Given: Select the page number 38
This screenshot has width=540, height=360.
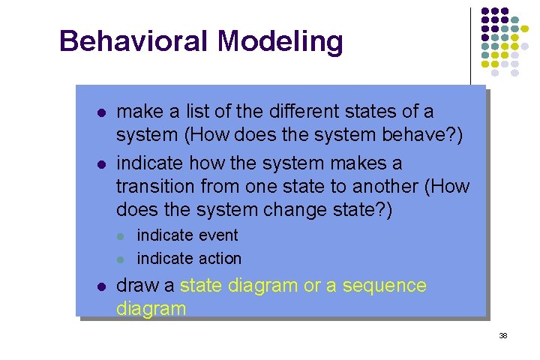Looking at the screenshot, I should (x=503, y=335).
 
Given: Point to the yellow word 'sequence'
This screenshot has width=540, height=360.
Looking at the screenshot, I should (x=387, y=286).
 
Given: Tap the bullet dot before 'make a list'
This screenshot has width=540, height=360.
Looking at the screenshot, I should (x=100, y=113).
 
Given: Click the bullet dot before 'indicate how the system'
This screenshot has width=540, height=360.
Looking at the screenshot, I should (x=100, y=164).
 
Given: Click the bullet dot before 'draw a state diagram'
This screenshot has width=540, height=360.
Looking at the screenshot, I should (x=100, y=286).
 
